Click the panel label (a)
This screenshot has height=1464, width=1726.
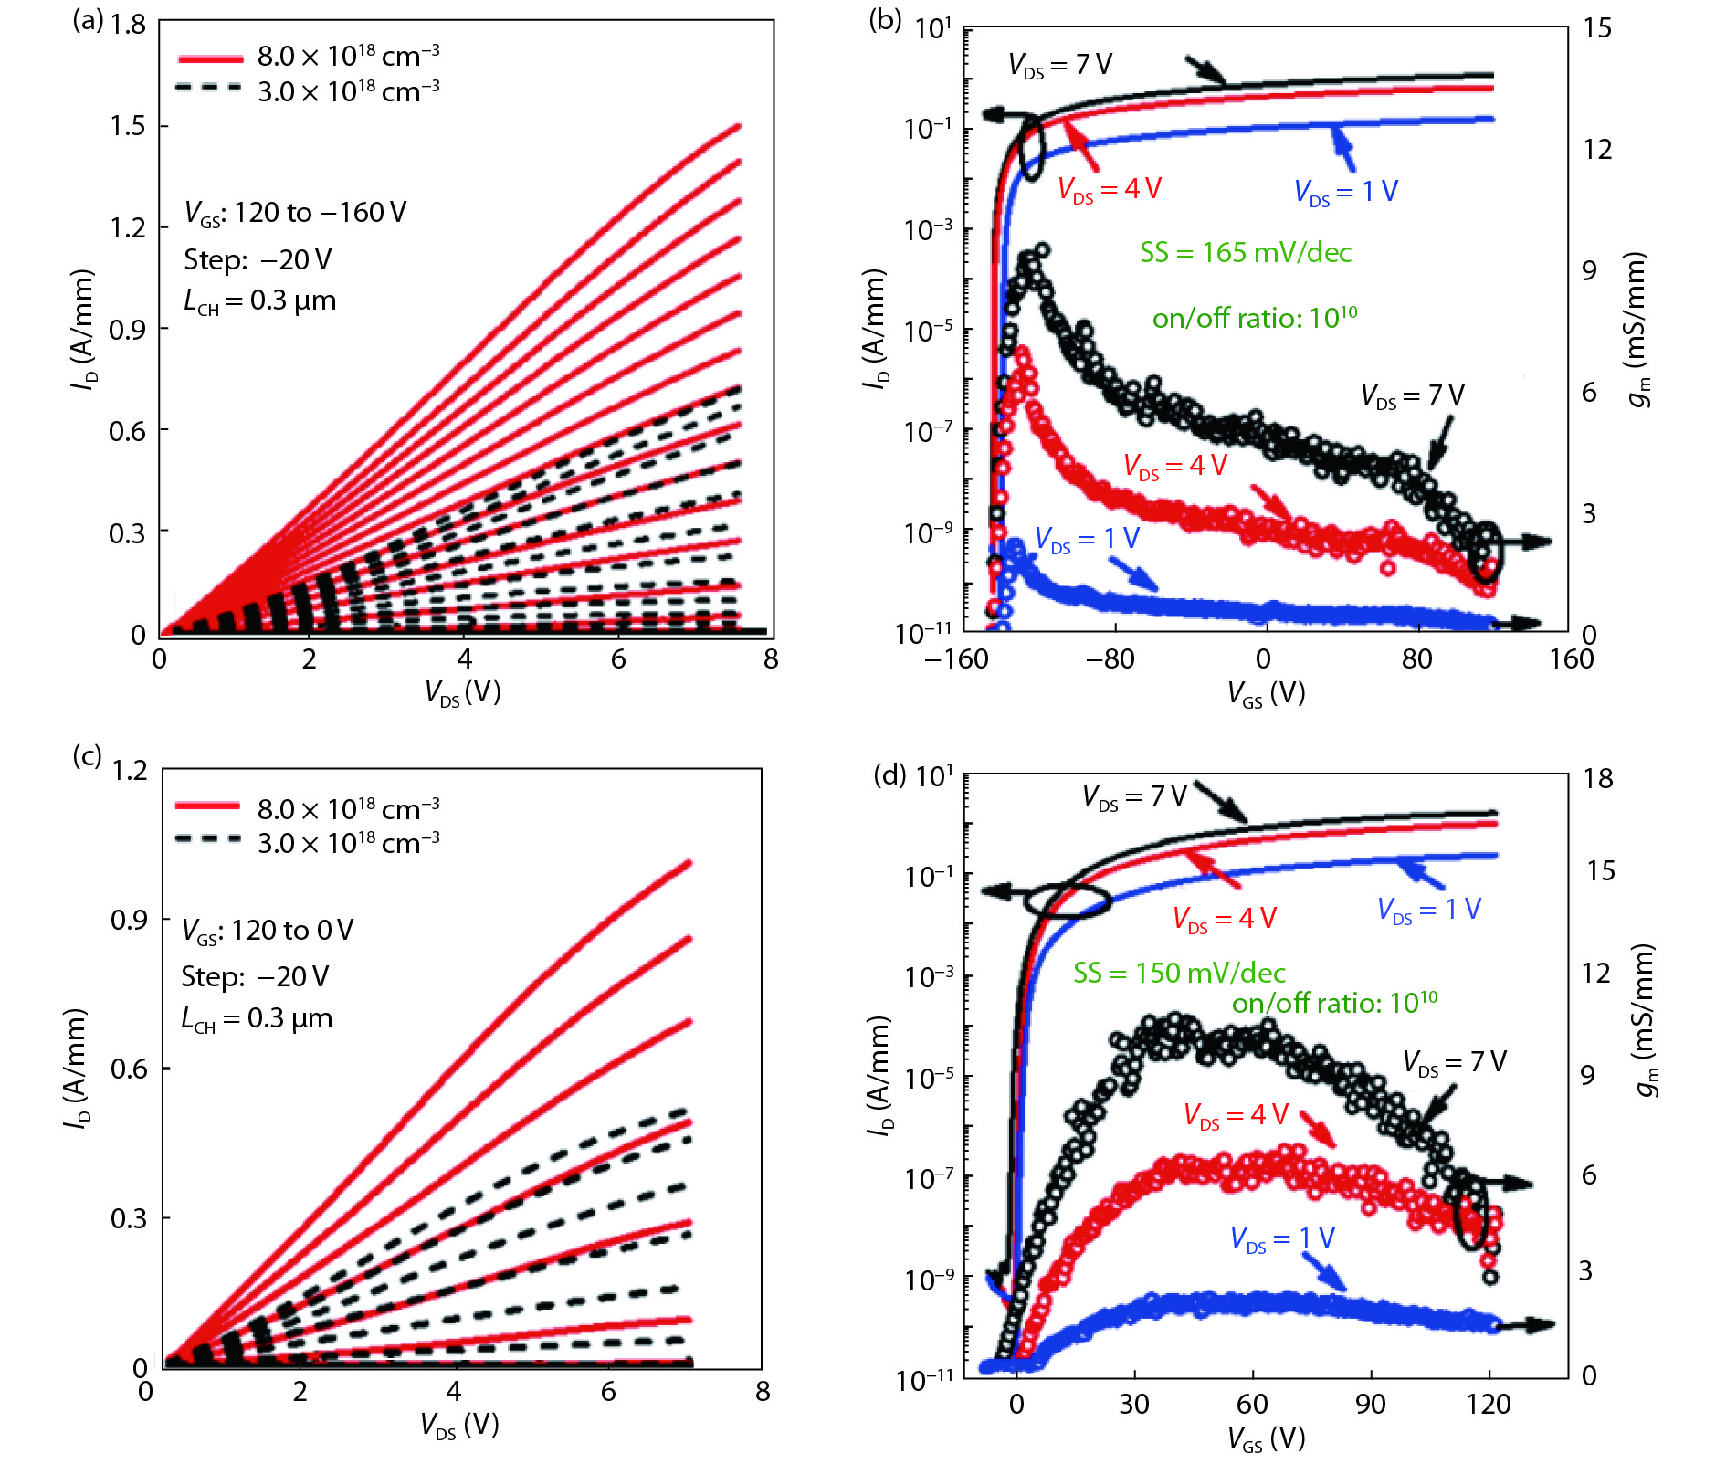(x=89, y=21)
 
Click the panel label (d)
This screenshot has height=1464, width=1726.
(x=889, y=775)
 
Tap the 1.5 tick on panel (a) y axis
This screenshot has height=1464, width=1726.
(x=128, y=126)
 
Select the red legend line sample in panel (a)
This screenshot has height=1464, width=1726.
(x=211, y=58)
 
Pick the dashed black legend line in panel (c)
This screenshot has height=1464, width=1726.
(x=208, y=839)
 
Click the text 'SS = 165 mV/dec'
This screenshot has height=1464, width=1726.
(x=1245, y=253)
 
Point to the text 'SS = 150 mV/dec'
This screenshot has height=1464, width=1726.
(x=1179, y=973)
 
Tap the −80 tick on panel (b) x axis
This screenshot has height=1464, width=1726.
(x=1110, y=659)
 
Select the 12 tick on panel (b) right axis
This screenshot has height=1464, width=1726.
(x=1597, y=150)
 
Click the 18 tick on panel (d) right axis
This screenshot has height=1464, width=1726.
(x=1598, y=779)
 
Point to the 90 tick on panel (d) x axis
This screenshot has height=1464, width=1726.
(x=1370, y=1404)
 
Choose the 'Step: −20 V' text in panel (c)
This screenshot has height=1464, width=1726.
(x=255, y=976)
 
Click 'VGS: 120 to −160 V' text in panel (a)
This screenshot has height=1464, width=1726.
(x=295, y=213)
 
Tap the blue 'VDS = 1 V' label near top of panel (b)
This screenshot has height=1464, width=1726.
(x=1345, y=192)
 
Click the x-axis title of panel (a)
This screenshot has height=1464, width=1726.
(x=463, y=693)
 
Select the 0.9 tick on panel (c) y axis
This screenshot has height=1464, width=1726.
(x=129, y=920)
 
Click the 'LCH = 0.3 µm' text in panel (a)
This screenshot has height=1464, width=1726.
(x=259, y=301)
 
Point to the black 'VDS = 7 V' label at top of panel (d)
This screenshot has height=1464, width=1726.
(x=1133, y=796)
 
